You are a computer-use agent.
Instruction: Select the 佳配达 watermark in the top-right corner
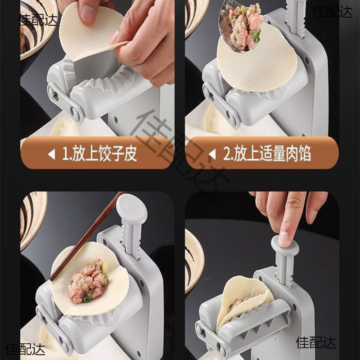pyautogui.click(x=333, y=12)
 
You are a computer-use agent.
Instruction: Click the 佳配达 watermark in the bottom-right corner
pyautogui.click(x=316, y=343)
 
